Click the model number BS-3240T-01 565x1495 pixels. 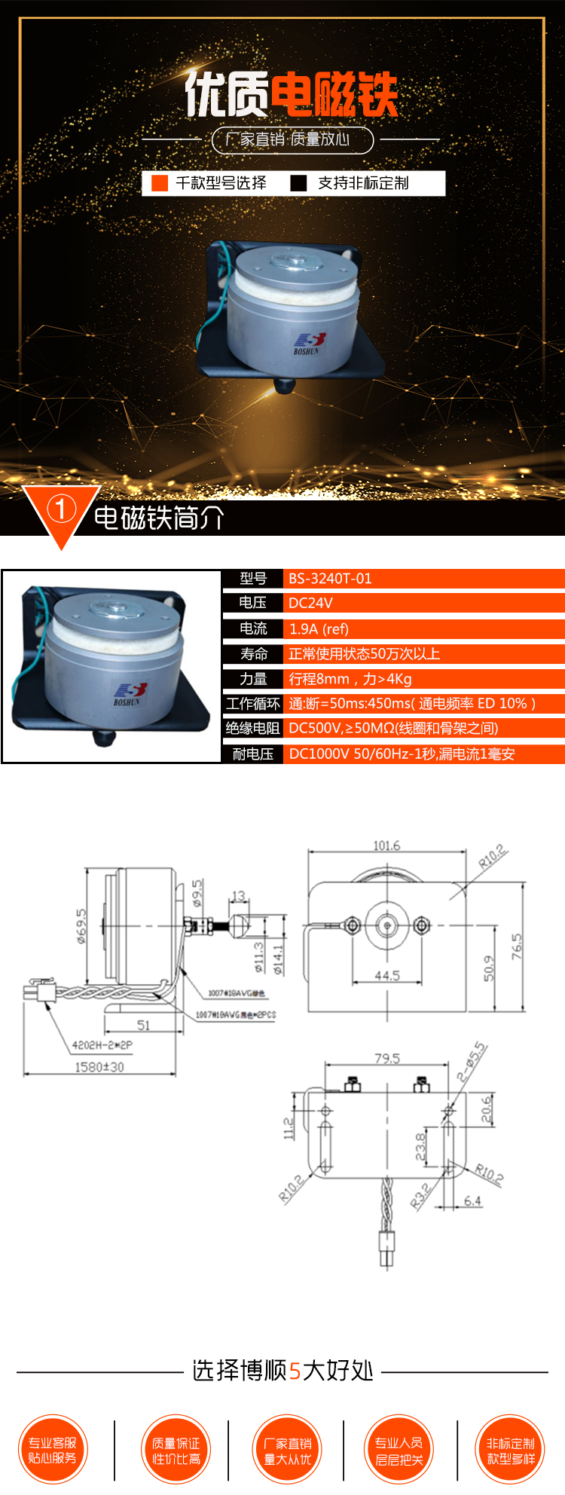[x=330, y=579]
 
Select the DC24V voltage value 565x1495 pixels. [x=310, y=603]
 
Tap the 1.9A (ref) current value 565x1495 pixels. [x=319, y=629]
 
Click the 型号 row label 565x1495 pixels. [x=253, y=579]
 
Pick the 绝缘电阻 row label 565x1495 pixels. [x=253, y=728]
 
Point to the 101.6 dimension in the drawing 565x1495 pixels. [x=386, y=845]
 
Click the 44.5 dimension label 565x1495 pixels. [x=387, y=975]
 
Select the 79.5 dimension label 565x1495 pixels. [x=387, y=1059]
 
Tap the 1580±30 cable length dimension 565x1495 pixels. [x=99, y=1067]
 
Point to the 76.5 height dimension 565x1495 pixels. [x=517, y=946]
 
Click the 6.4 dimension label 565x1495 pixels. [x=472, y=1201]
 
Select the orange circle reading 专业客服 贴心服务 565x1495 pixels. [x=53, y=1451]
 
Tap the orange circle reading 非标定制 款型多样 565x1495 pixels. [x=511, y=1451]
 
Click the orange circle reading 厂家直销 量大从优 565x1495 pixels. [x=287, y=1451]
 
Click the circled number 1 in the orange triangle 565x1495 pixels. [x=61, y=510]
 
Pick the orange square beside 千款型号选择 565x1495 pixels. [x=160, y=183]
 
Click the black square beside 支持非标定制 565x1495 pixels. [x=298, y=183]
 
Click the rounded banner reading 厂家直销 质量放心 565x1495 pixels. [x=292, y=139]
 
